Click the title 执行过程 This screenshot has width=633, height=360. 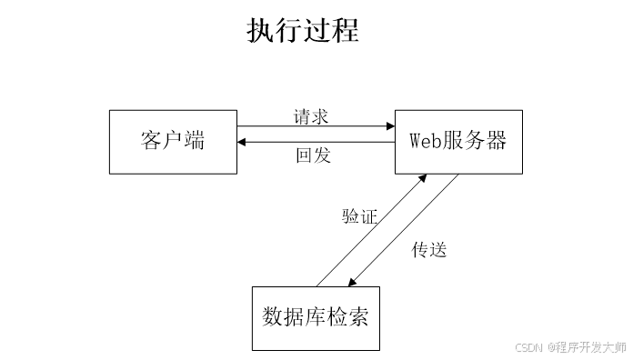point(303,30)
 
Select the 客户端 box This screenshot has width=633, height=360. point(173,142)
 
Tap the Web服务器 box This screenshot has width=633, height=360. point(458,142)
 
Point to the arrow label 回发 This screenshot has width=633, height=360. point(314,155)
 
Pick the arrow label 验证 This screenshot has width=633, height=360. point(359,216)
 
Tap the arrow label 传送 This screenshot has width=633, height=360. point(429,249)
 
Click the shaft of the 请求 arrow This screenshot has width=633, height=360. point(309,126)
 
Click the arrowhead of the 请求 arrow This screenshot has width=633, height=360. point(389,126)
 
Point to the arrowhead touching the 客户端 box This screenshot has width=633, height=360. point(242,143)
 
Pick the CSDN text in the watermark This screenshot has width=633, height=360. point(527,347)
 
